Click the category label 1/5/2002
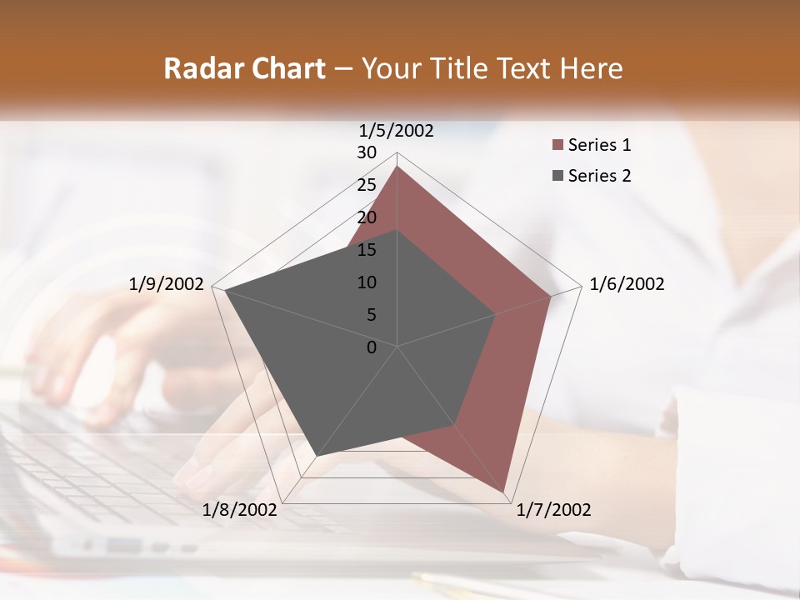[x=397, y=130]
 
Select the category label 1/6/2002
[x=627, y=284]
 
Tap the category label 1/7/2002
[x=553, y=510]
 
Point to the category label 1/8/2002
[x=240, y=510]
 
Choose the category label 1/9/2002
[x=167, y=284]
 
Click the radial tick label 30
[x=367, y=152]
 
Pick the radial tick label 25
[x=367, y=185]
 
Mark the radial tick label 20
[x=367, y=217]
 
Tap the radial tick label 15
[x=367, y=250]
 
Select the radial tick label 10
[x=367, y=282]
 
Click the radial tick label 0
[x=372, y=347]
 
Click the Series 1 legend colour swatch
[x=557, y=145]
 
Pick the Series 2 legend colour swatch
[x=557, y=176]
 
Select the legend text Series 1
[x=599, y=145]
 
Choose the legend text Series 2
[x=599, y=176]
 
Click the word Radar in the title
[x=197, y=68]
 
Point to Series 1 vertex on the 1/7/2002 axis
[x=504, y=492]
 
